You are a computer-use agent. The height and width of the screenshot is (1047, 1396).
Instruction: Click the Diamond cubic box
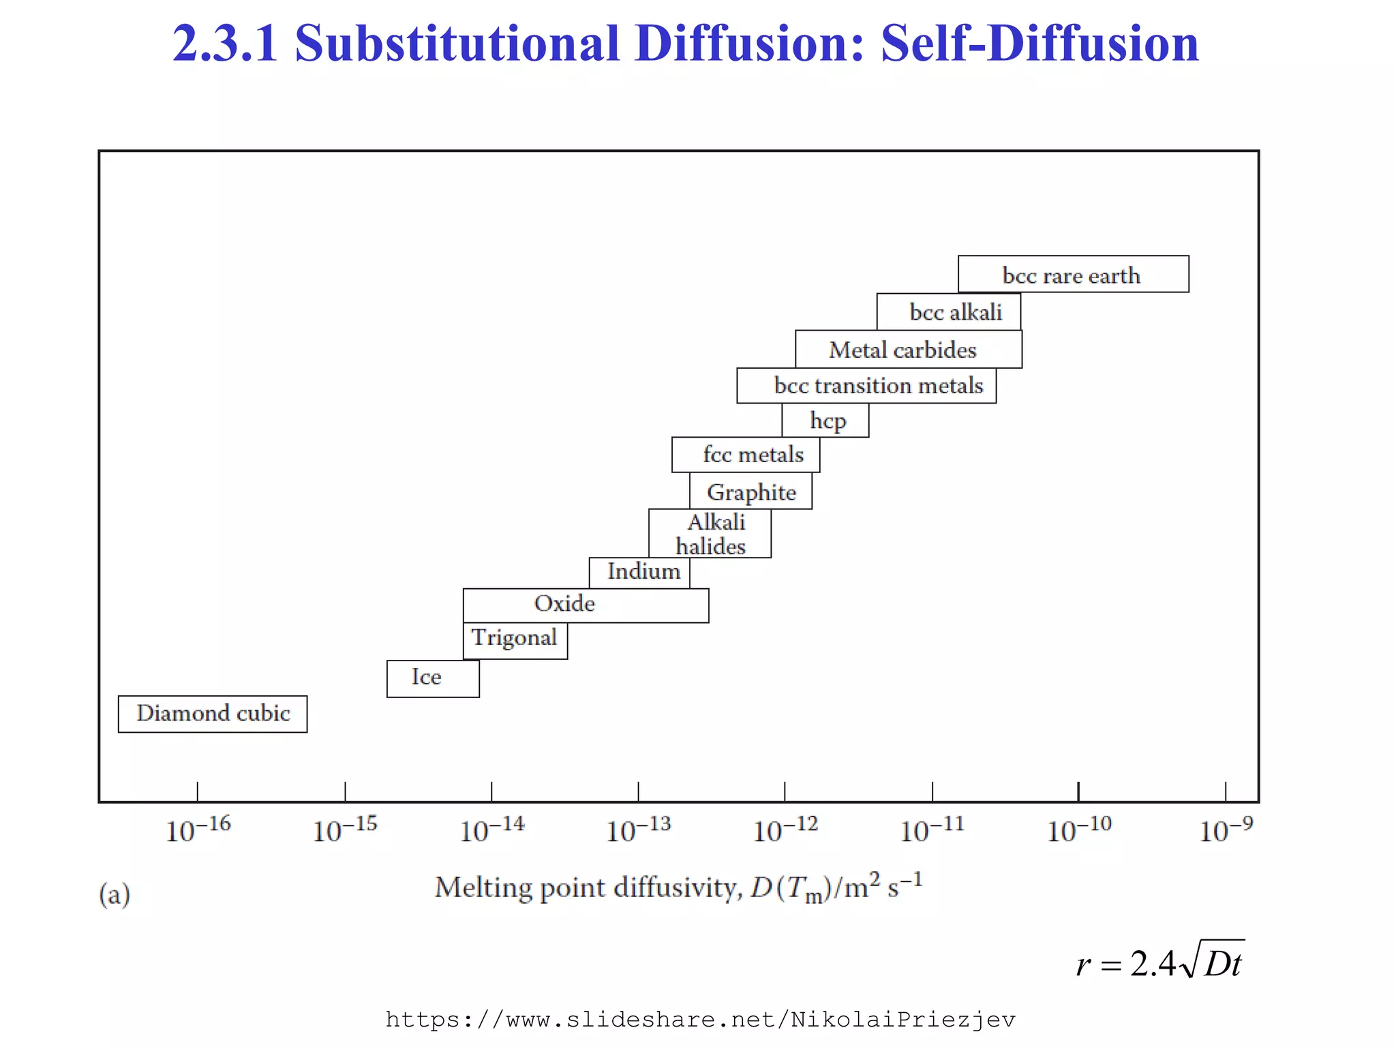[x=213, y=714]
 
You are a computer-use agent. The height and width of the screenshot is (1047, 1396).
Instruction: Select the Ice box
[x=433, y=678]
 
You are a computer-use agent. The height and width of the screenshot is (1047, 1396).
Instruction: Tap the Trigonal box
[x=515, y=639]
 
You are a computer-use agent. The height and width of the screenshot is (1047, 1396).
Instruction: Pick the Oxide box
[x=586, y=605]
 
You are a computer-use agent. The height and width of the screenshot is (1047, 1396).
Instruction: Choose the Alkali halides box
[x=710, y=534]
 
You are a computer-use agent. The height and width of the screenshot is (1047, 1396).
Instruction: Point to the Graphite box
[x=751, y=491]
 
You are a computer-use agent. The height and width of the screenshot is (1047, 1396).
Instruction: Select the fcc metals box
[x=746, y=455]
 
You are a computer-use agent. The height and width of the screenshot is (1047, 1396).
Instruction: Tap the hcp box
[x=825, y=420]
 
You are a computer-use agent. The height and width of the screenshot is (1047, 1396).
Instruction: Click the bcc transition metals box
[x=866, y=386]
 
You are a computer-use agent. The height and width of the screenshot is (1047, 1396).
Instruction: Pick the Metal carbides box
[x=908, y=350]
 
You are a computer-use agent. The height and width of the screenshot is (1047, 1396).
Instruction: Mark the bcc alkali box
[x=949, y=312]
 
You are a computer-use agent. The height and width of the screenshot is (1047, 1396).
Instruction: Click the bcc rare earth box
[x=1073, y=275]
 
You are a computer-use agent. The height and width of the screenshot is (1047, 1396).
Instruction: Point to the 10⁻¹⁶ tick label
[x=198, y=830]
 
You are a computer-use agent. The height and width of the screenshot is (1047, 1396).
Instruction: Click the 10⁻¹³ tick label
[x=639, y=830]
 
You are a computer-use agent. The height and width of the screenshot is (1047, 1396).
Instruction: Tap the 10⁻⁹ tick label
[x=1226, y=830]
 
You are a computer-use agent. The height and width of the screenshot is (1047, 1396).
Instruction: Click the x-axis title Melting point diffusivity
[x=678, y=888]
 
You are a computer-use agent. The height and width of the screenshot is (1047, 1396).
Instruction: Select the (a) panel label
[x=115, y=894]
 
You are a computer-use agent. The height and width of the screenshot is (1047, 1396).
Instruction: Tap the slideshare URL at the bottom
[x=700, y=1020]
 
